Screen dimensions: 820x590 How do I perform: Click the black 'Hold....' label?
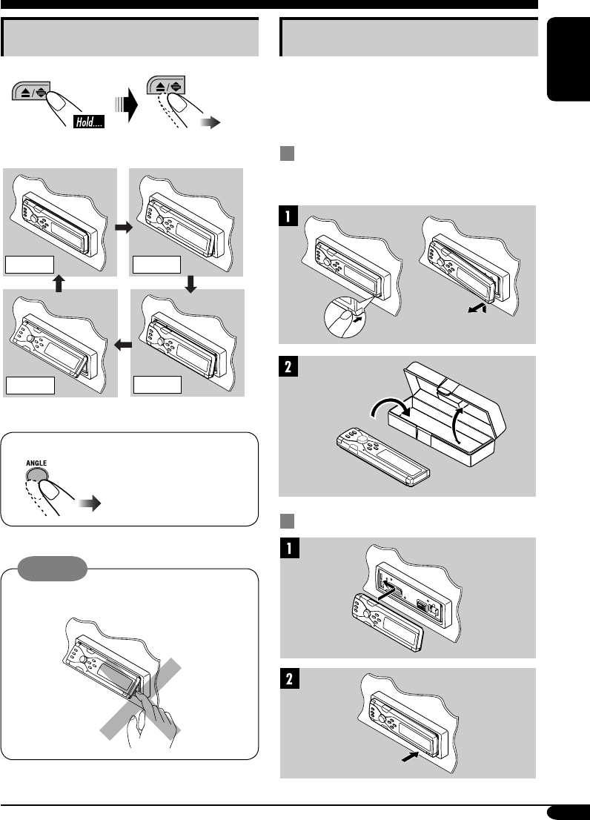(x=87, y=121)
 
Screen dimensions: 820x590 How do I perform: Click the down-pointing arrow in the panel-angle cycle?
(x=191, y=283)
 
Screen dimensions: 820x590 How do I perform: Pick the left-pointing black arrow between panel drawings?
(x=123, y=344)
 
